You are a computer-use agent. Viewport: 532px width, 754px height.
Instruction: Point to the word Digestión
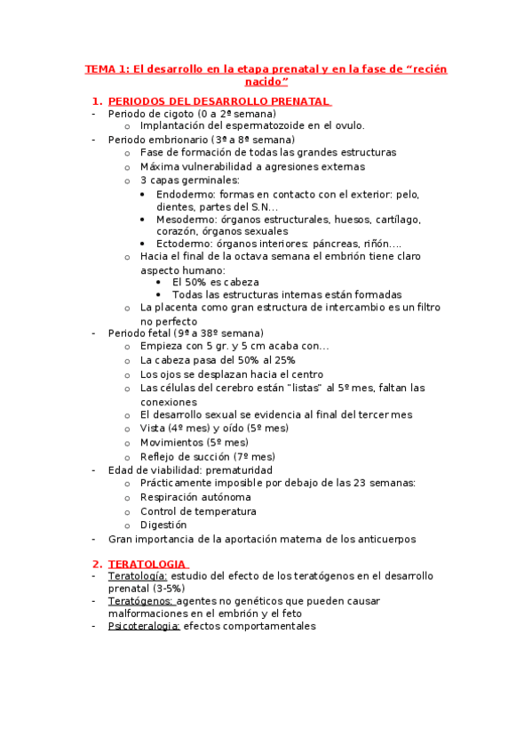[x=163, y=525]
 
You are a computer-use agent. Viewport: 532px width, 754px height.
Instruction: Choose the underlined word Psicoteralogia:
[x=143, y=626]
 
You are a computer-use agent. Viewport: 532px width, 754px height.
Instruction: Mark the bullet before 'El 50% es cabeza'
[x=158, y=282]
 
